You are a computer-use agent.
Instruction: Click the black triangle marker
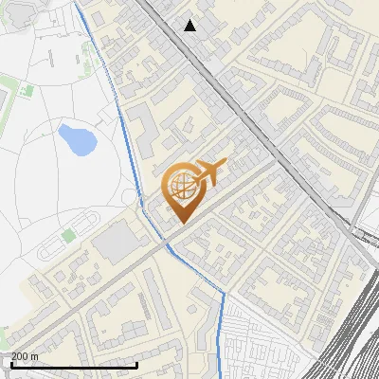(x=190, y=26)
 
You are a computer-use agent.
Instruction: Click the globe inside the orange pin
(x=180, y=188)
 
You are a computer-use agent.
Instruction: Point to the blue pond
(x=76, y=139)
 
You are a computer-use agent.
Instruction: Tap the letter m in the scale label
(x=34, y=356)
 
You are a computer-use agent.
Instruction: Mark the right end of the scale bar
(x=138, y=365)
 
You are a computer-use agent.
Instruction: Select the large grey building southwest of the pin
(x=118, y=245)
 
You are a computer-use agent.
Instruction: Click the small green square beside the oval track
(x=68, y=234)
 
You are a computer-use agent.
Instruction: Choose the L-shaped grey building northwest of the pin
(x=143, y=128)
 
